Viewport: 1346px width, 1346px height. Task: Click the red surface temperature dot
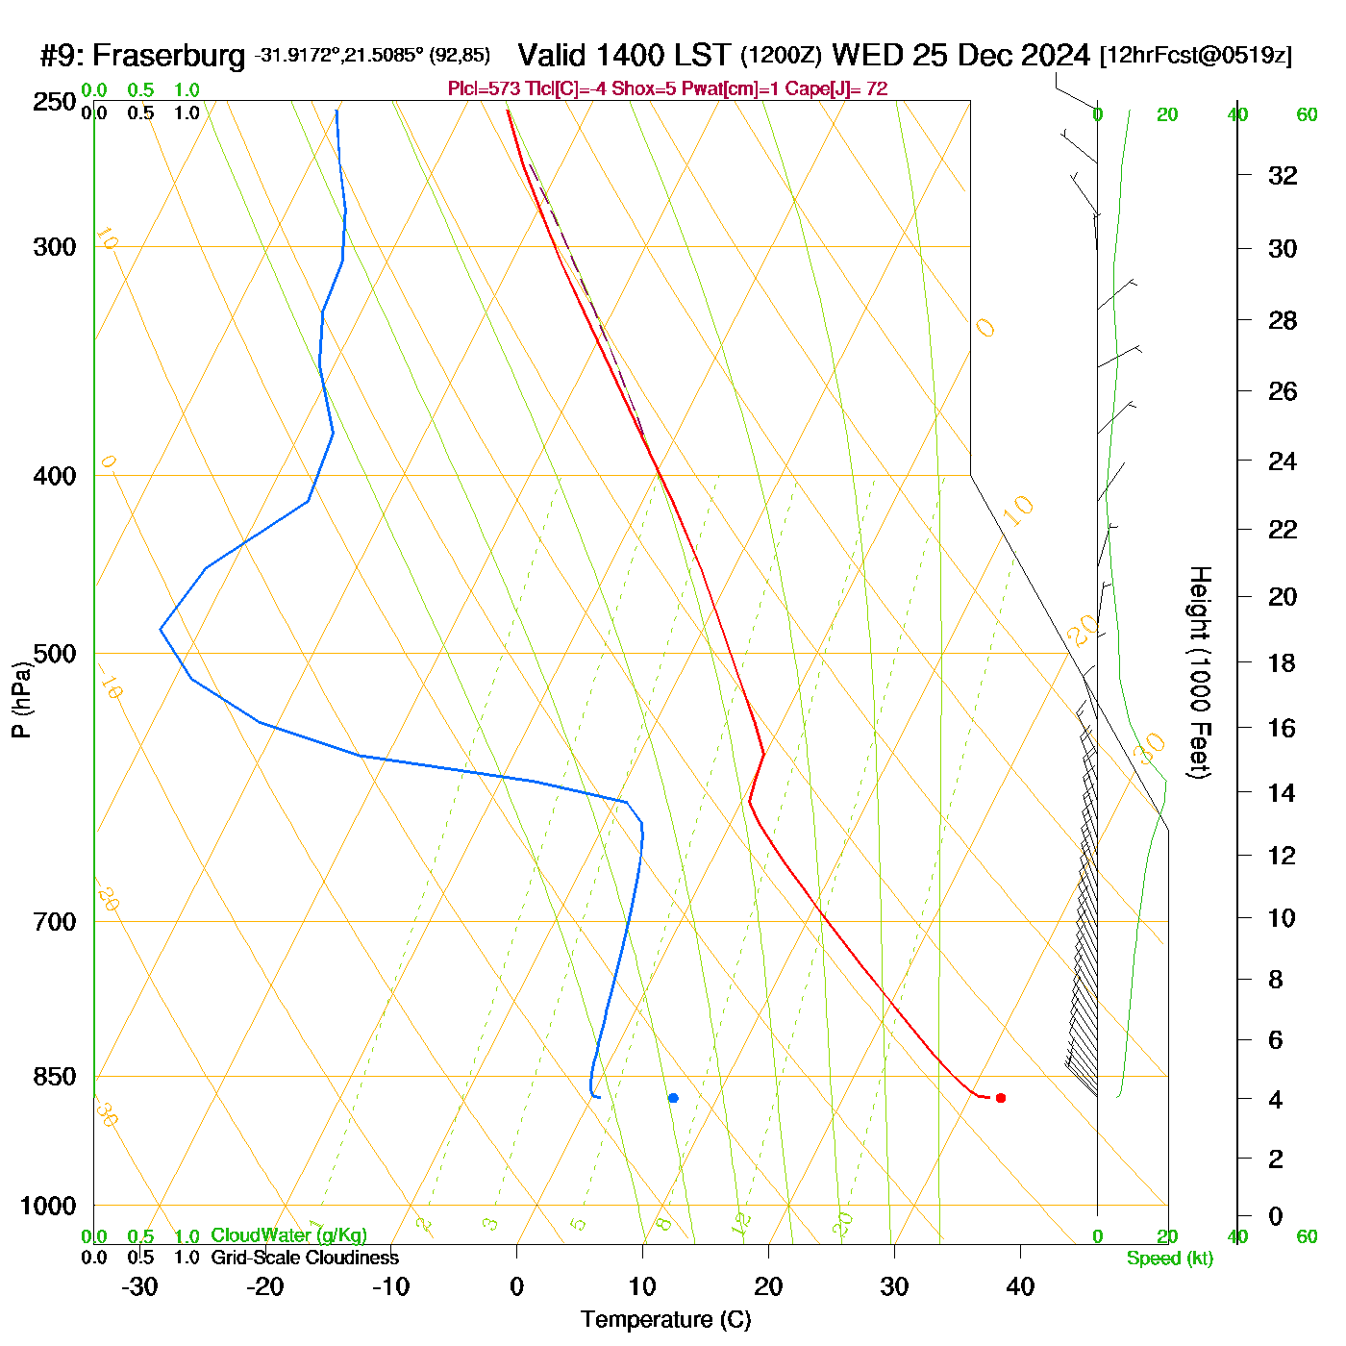click(1001, 1098)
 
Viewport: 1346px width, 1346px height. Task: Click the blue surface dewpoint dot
click(673, 1098)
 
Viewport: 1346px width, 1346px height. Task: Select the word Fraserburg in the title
click(169, 56)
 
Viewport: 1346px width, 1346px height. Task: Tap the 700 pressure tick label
click(54, 922)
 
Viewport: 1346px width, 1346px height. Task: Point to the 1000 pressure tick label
click(48, 1206)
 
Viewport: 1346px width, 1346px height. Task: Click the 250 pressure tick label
click(54, 102)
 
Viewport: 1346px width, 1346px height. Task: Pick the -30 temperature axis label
click(139, 1286)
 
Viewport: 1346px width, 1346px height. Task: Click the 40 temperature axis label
click(1020, 1286)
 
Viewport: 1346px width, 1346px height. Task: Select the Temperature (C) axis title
click(665, 1320)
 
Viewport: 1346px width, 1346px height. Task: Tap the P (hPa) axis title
click(21, 699)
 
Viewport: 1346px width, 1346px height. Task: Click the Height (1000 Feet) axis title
click(1200, 672)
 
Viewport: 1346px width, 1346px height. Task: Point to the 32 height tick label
click(1283, 175)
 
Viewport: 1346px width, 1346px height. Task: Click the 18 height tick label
click(1283, 662)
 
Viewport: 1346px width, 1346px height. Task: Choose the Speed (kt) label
click(1170, 1259)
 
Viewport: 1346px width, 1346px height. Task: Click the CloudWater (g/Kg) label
click(288, 1235)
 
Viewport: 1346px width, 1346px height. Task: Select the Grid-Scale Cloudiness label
click(305, 1258)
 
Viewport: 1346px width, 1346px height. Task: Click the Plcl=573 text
click(484, 89)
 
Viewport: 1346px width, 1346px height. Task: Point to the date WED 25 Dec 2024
click(960, 55)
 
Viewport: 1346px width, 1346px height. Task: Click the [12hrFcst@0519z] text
click(1195, 56)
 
